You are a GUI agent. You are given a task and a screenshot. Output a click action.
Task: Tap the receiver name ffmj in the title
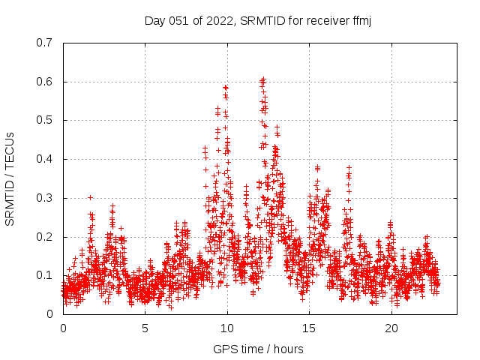click(x=360, y=20)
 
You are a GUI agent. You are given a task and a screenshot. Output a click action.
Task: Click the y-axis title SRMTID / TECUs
click(x=10, y=178)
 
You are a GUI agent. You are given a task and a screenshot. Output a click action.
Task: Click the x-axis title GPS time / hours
click(x=259, y=349)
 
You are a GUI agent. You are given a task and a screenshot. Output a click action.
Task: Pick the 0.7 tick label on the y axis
click(x=44, y=43)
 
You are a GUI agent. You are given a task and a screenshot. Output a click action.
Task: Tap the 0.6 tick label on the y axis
click(x=44, y=82)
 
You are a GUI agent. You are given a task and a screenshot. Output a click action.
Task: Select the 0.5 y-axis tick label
click(x=44, y=120)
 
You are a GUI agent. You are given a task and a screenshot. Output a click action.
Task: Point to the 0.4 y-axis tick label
click(x=44, y=159)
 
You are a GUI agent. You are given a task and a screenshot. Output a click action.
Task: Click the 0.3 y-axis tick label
click(x=44, y=198)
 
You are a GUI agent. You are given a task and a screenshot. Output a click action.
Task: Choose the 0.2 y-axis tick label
click(x=44, y=237)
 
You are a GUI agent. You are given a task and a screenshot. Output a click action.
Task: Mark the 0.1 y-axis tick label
click(x=44, y=275)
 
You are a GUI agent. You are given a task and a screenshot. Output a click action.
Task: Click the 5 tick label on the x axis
click(x=145, y=328)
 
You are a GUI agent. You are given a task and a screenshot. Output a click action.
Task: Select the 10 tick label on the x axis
click(x=227, y=328)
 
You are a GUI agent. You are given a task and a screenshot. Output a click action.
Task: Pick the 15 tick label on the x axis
click(x=309, y=328)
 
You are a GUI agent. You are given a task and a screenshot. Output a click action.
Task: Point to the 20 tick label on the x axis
click(x=391, y=328)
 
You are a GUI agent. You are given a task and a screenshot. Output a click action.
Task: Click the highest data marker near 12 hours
click(x=262, y=78)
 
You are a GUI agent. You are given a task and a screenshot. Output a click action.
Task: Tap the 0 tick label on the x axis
click(x=63, y=328)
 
